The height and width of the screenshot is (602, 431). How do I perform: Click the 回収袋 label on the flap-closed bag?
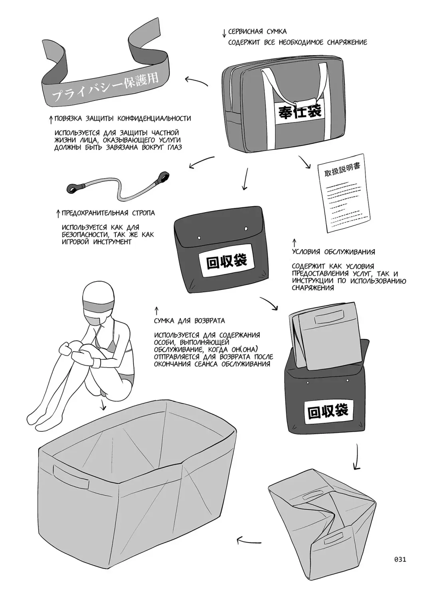pos(226,262)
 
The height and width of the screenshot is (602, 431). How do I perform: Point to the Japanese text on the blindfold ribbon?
pos(106,87)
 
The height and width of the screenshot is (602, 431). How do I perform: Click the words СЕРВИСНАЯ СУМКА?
pos(257,31)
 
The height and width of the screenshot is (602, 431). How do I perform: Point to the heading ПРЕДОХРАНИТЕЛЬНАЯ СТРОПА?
pos(108,213)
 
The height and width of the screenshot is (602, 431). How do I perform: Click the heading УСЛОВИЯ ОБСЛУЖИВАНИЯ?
pos(333,252)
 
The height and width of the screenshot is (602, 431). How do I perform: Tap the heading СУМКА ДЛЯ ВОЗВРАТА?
pos(189,321)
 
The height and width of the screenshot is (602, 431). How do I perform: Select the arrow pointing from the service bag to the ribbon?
pos(196,81)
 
